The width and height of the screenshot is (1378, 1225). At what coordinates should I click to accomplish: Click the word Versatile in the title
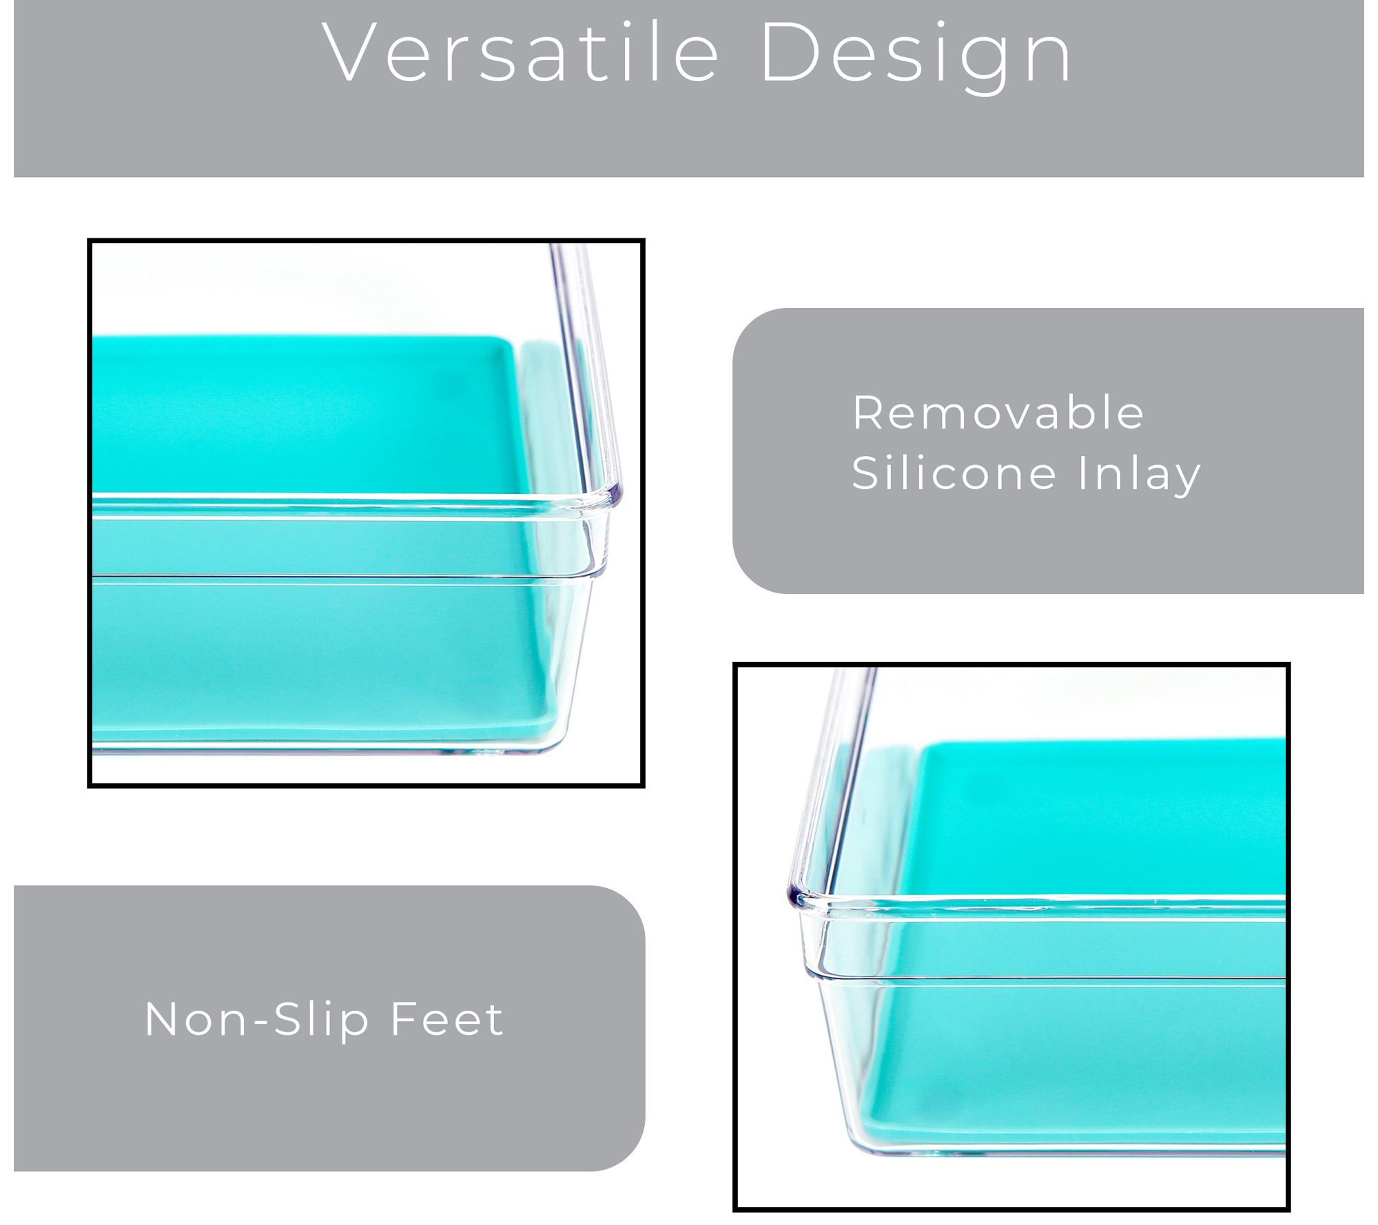521,53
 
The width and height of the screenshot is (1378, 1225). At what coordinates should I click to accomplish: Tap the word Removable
998,413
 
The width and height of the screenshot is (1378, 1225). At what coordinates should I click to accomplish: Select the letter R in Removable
867,413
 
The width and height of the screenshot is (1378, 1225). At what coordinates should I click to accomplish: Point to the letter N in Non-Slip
161,1019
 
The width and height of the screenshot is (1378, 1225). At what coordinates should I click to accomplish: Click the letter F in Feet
404,1019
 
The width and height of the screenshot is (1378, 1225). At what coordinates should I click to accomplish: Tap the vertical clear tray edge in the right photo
830,779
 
